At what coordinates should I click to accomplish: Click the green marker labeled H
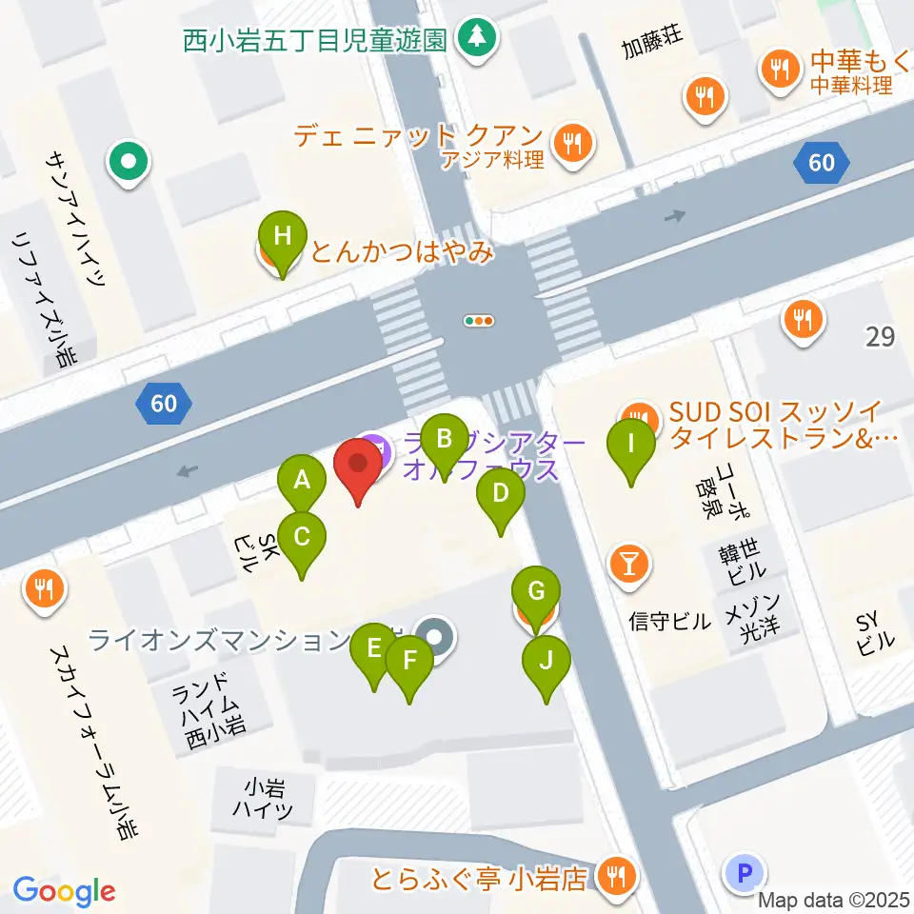[283, 237]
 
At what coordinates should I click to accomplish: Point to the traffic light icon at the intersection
[479, 321]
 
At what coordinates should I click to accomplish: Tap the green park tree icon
[472, 38]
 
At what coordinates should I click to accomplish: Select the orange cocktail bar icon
[628, 564]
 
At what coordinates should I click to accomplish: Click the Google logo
[64, 892]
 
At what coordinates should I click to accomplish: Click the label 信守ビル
[670, 623]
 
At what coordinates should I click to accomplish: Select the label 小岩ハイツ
[263, 800]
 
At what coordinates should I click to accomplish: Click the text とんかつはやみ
[402, 253]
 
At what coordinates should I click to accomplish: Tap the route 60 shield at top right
[821, 163]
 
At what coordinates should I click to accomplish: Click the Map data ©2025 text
[835, 900]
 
